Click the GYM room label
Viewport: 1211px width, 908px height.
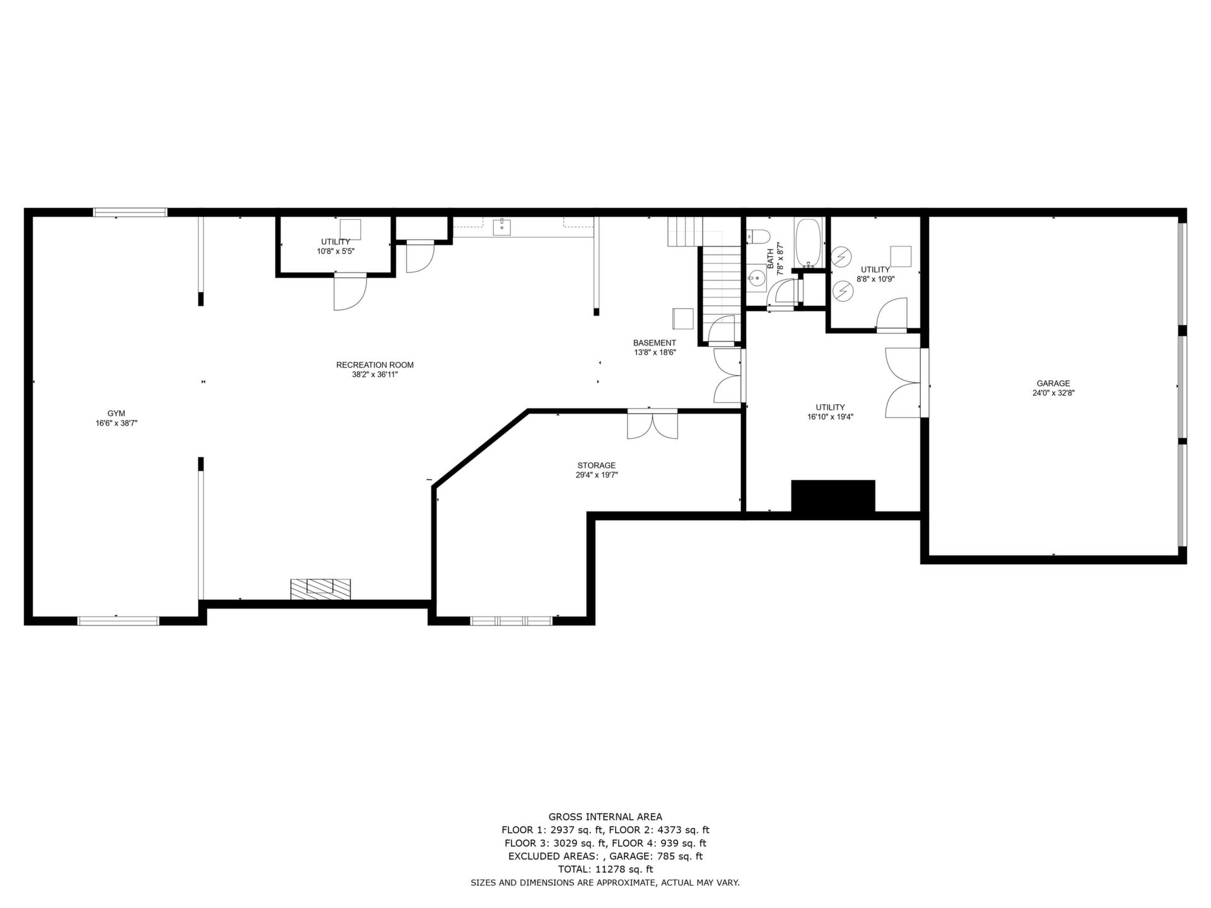click(116, 414)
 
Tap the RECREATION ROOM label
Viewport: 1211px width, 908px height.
click(375, 365)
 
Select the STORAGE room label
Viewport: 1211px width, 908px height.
click(596, 465)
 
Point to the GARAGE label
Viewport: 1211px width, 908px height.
click(1053, 383)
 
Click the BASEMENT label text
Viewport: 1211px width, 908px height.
click(655, 343)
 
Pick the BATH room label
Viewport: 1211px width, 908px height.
click(771, 258)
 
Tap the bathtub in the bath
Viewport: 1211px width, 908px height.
click(808, 243)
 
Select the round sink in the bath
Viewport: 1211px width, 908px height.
click(756, 278)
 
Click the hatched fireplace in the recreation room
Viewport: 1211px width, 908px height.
click(320, 589)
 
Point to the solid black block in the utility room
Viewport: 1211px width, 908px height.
click(833, 496)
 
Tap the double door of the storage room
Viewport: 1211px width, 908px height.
click(653, 424)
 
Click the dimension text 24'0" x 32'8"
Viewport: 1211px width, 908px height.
click(1053, 393)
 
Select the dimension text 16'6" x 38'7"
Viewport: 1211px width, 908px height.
click(117, 424)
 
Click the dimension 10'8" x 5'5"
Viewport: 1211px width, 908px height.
click(336, 251)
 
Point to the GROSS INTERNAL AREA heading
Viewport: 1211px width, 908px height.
click(605, 817)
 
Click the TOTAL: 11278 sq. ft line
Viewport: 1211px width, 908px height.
click(605, 870)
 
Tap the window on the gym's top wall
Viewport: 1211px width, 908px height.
click(131, 212)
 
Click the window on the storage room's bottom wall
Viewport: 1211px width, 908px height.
click(512, 620)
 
